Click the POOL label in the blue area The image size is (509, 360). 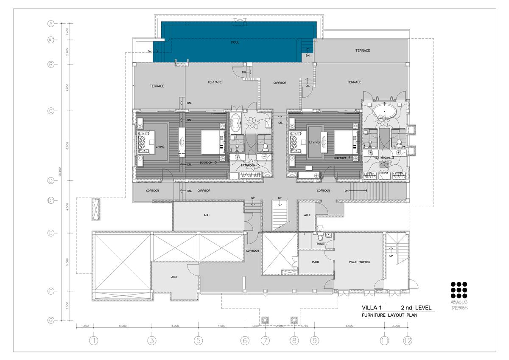click(x=235, y=42)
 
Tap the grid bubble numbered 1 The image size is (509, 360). click(x=94, y=340)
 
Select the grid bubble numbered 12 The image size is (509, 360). click(x=408, y=340)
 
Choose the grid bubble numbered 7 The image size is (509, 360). click(x=265, y=340)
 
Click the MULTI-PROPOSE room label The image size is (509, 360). click(x=360, y=262)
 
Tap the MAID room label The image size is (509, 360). click(x=315, y=262)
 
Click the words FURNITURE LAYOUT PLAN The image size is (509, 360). click(x=385, y=316)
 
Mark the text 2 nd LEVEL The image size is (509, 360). click(x=416, y=307)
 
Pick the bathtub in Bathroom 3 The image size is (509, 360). click(x=236, y=123)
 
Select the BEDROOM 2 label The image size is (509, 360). click(x=342, y=157)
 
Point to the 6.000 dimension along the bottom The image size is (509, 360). click(x=349, y=326)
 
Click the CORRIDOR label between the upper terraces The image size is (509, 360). click(x=280, y=83)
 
